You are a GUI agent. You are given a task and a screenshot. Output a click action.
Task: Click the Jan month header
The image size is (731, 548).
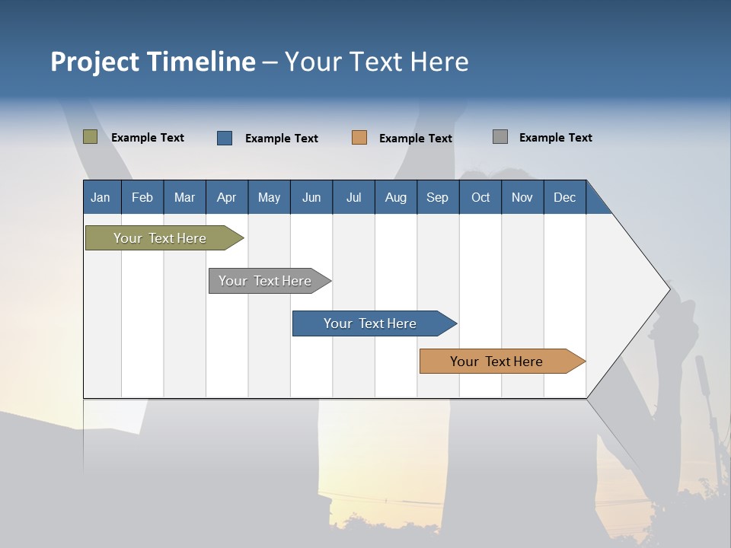click(101, 197)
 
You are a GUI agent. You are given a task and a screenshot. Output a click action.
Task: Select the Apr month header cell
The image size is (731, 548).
click(227, 197)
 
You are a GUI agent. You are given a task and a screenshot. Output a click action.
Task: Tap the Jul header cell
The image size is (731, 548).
click(353, 197)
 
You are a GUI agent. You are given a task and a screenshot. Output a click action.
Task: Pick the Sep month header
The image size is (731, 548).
click(438, 197)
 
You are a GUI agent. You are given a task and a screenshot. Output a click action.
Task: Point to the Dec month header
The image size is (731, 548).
click(565, 197)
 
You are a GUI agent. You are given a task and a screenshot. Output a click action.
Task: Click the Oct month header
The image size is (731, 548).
click(480, 197)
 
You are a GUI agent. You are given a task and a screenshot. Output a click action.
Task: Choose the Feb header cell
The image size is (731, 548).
click(142, 197)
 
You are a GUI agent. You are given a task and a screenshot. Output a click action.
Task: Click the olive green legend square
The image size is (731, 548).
click(90, 137)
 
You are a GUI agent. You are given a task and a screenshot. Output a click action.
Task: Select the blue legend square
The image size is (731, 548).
click(225, 138)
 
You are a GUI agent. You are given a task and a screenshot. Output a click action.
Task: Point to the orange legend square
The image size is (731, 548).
click(359, 138)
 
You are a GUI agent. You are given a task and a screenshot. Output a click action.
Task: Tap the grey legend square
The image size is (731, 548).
click(500, 137)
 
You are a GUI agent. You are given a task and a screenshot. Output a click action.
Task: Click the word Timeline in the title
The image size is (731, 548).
click(200, 62)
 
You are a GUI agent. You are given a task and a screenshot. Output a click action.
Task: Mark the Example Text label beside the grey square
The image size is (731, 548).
click(555, 138)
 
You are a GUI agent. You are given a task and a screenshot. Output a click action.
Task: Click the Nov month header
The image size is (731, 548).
click(522, 197)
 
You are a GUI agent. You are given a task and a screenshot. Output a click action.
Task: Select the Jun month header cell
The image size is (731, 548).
click(311, 197)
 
